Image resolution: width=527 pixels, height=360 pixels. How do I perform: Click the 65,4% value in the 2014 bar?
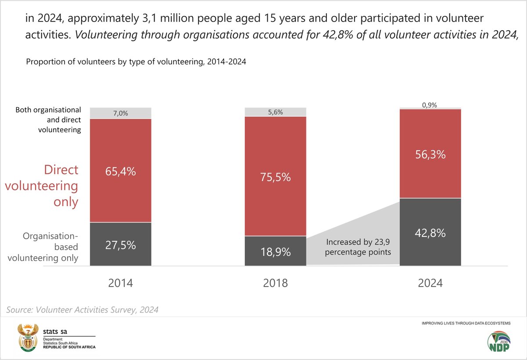[x=120, y=172]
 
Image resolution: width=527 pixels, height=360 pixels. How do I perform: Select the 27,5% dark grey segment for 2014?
[x=120, y=245]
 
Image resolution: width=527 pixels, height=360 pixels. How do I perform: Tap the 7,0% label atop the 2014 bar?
[x=120, y=113]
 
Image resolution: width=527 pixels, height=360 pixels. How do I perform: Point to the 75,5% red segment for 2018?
[x=275, y=177]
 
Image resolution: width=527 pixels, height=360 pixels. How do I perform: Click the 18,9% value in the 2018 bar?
[x=275, y=252]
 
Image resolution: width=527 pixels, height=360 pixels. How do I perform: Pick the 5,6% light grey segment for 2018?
[x=275, y=112]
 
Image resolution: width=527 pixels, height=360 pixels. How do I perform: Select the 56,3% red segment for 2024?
[x=430, y=155]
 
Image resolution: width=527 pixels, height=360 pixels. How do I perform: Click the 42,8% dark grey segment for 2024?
[x=430, y=233]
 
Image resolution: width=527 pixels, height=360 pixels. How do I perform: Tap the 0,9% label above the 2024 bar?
[x=430, y=105]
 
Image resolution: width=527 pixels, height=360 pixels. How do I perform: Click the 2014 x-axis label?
[x=120, y=283]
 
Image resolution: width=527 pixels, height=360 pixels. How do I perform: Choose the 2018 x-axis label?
[x=275, y=283]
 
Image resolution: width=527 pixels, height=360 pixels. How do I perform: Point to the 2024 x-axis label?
[x=430, y=283]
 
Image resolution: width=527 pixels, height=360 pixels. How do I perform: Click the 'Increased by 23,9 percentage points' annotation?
[x=359, y=247]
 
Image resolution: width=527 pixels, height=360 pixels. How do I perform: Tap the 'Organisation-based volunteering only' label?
[x=51, y=247]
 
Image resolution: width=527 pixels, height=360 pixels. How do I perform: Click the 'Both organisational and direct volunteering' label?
[x=48, y=120]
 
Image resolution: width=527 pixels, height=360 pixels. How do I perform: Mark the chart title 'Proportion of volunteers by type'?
[x=136, y=62]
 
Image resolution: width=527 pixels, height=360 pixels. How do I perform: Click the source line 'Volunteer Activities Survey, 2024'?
[x=83, y=310]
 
